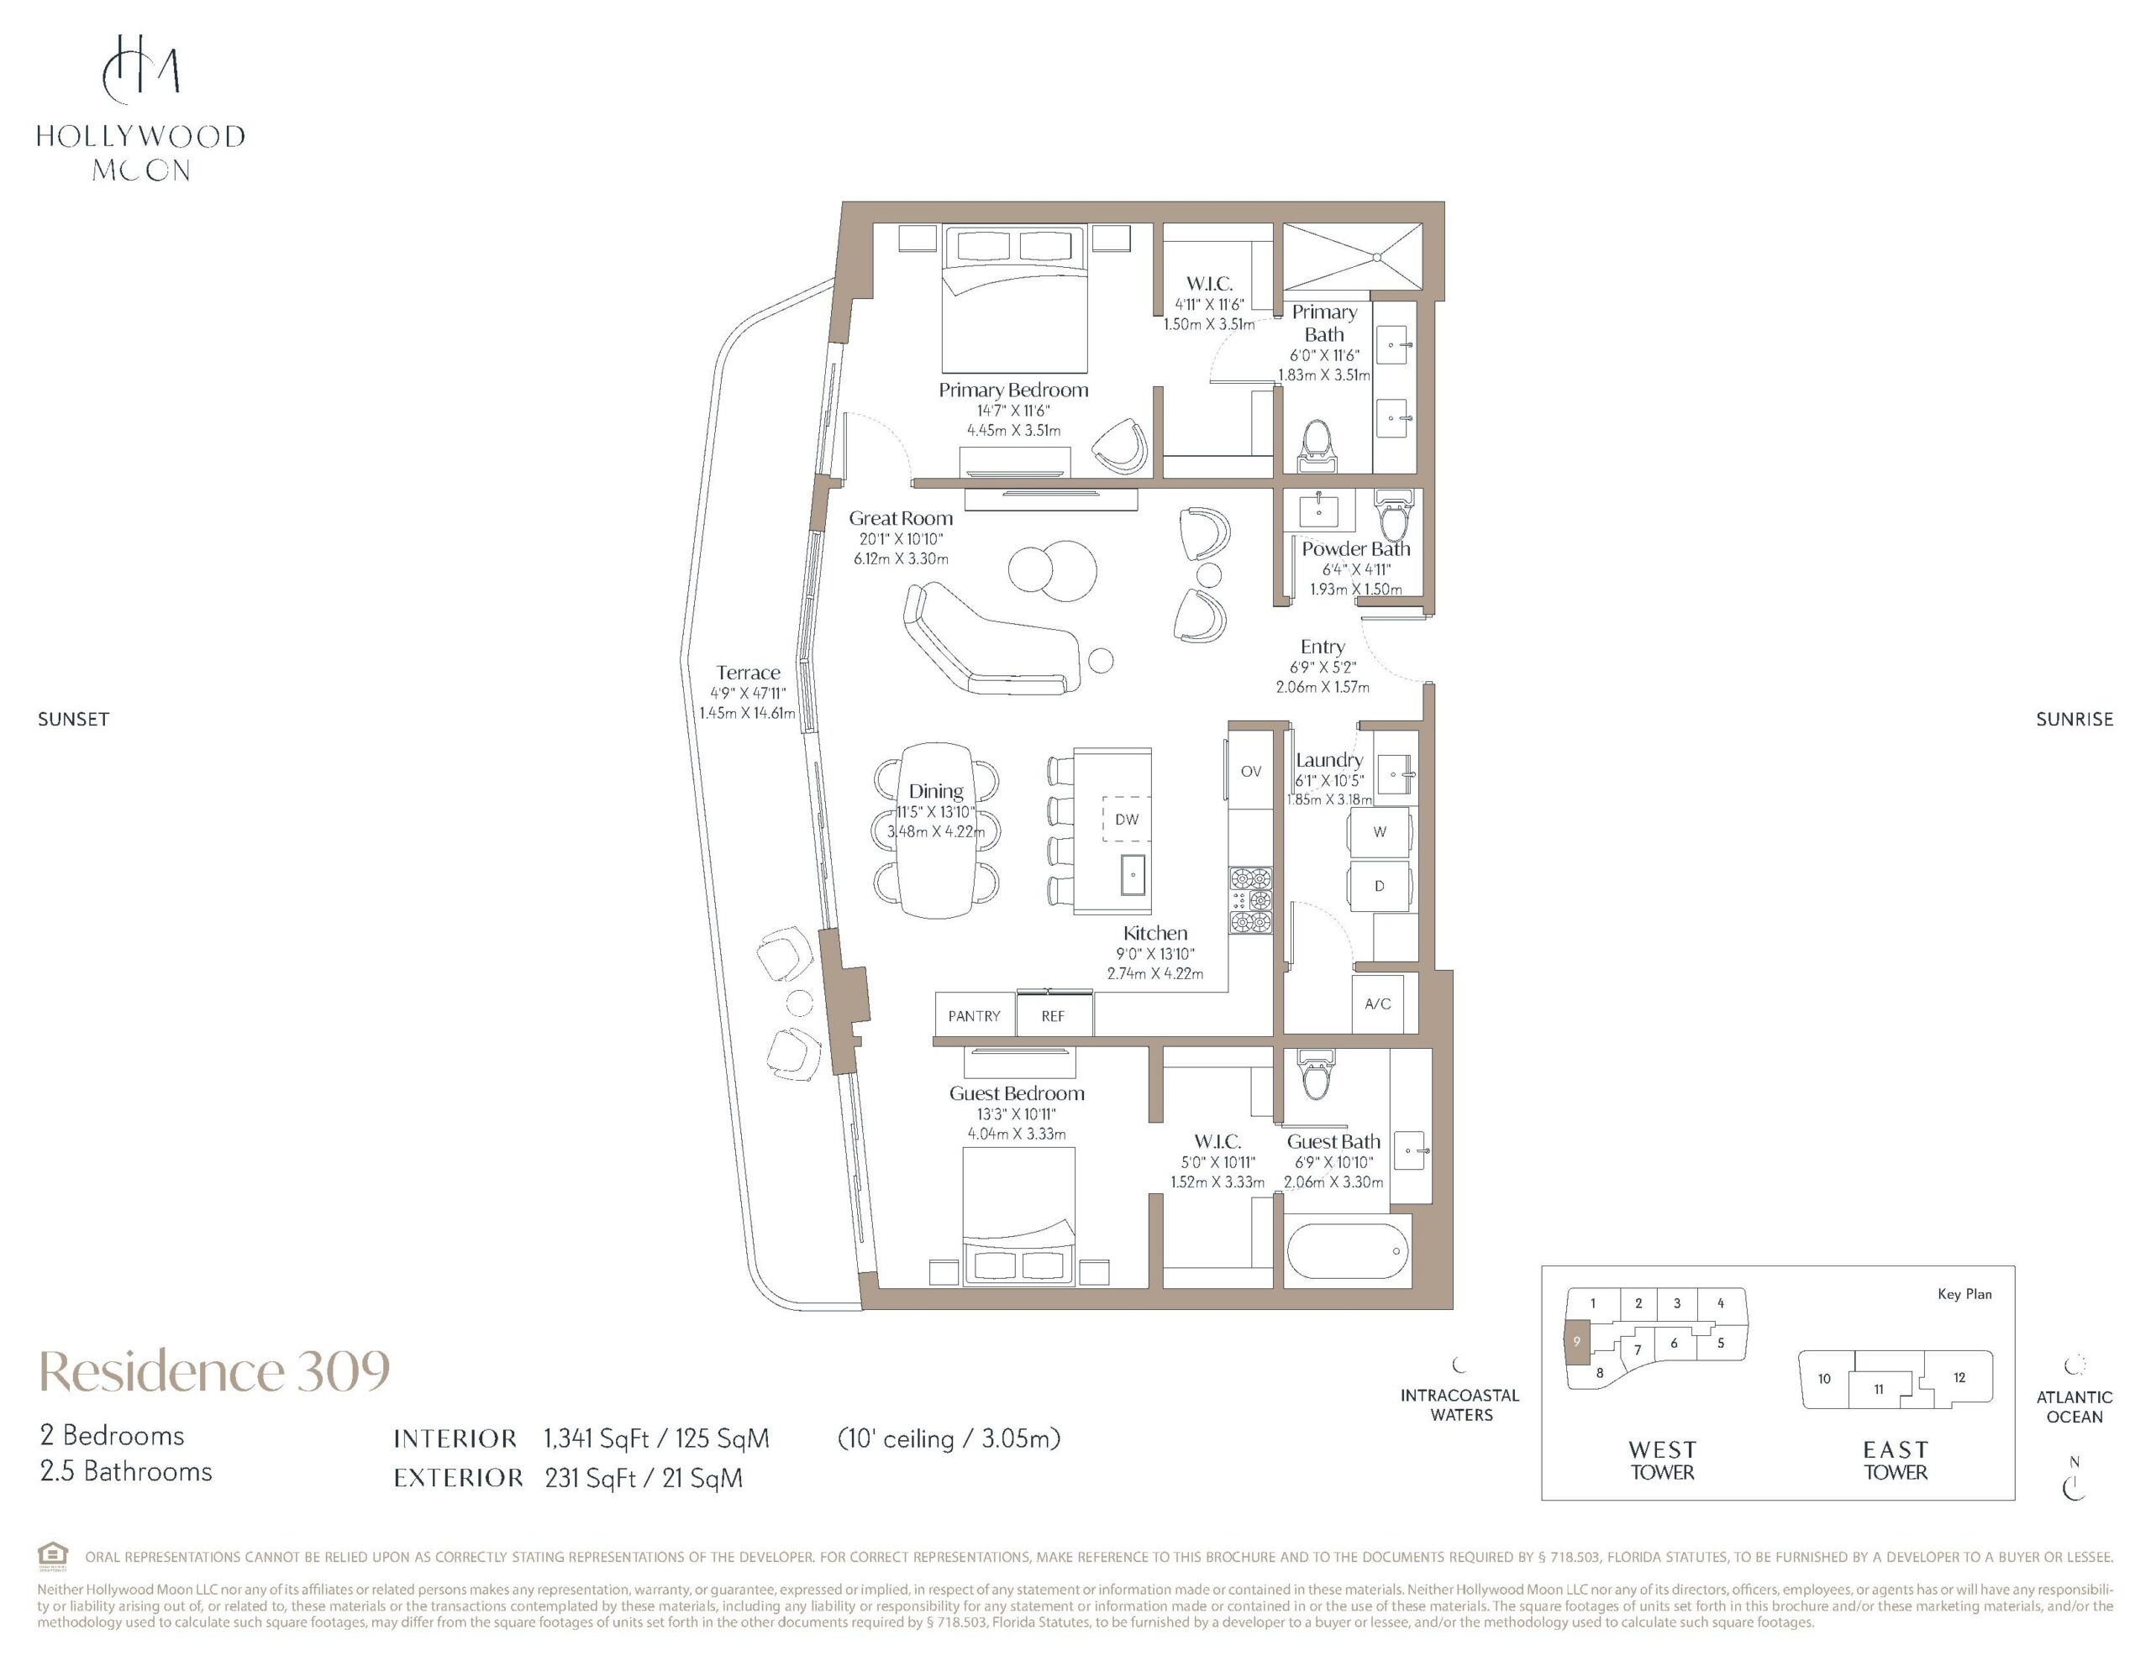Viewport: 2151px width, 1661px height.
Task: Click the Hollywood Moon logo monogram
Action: (x=141, y=68)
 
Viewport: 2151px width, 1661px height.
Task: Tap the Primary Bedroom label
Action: (x=1013, y=390)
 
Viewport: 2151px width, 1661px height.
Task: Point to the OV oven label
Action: (x=1251, y=771)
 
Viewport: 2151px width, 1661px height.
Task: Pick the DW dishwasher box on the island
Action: (x=1127, y=820)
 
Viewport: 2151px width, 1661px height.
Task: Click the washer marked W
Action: (x=1379, y=832)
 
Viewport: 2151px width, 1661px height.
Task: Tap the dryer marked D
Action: (x=1379, y=886)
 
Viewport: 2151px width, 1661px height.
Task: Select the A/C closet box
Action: (x=1377, y=1003)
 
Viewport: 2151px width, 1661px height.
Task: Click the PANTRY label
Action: (x=974, y=1016)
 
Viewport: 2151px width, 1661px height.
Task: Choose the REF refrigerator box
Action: (x=1054, y=1014)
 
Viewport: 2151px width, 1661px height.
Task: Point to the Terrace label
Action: (x=749, y=673)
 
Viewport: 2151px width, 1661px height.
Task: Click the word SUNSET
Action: (x=74, y=720)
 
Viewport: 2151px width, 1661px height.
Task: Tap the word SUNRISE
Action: (x=2075, y=720)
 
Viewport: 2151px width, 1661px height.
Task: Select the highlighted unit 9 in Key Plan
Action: (x=1577, y=1342)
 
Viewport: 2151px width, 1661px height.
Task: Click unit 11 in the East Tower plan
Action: (x=1878, y=1389)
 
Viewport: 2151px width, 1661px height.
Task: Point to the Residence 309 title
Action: (x=215, y=1370)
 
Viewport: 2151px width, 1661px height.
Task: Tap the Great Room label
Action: (x=902, y=518)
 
